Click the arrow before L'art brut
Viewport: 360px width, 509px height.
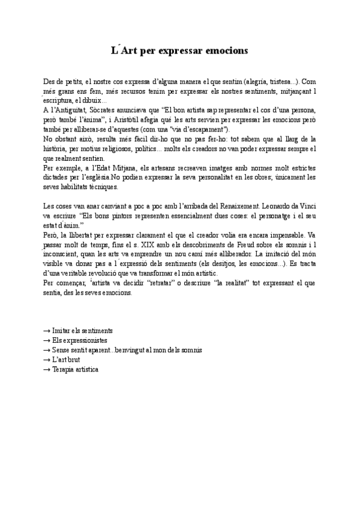(x=47, y=360)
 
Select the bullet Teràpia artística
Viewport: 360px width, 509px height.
(x=75, y=369)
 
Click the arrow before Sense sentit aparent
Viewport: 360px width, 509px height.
(x=47, y=350)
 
